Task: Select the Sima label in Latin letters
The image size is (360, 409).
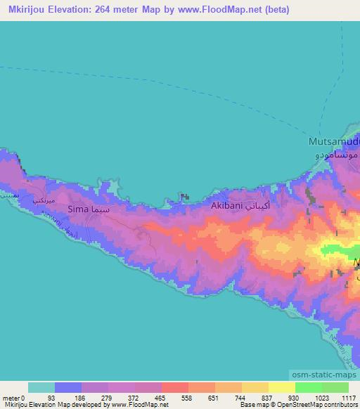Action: (x=78, y=209)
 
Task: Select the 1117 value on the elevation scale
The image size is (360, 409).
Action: (x=350, y=397)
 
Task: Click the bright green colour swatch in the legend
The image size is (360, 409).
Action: (x=309, y=387)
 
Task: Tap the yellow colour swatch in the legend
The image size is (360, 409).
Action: (x=282, y=387)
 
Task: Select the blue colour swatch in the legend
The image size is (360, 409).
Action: (x=68, y=387)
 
